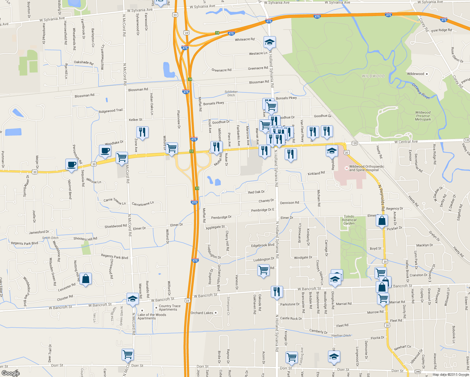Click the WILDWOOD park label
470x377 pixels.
click(x=373, y=76)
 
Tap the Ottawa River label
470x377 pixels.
click(x=421, y=91)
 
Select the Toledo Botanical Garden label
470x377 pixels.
click(x=349, y=220)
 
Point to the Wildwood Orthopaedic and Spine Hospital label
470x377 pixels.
click(x=364, y=168)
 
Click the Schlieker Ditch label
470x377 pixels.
click(x=231, y=93)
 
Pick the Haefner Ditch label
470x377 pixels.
click(x=341, y=336)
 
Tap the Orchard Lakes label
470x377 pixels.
click(x=202, y=313)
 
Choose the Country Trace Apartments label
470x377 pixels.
click(x=170, y=308)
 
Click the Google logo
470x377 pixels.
click(x=10, y=373)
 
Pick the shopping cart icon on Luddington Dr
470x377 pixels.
click(x=263, y=270)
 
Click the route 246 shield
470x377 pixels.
click(x=418, y=372)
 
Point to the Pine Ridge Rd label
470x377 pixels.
click(x=441, y=30)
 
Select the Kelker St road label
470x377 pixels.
click(x=135, y=120)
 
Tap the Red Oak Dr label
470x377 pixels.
click(x=256, y=192)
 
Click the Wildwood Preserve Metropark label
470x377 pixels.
click(x=423, y=116)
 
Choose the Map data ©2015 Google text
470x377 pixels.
click(x=450, y=374)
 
